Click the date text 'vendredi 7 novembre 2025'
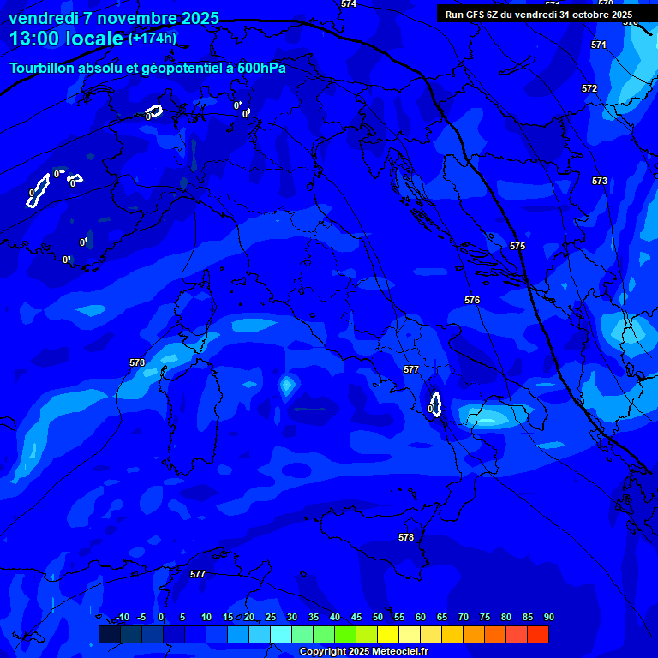[114, 18]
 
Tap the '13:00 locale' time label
[66, 39]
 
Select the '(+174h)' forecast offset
[153, 39]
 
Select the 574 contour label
[349, 4]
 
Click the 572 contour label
[589, 88]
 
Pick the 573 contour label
[600, 181]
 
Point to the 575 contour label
[517, 246]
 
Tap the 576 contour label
[472, 300]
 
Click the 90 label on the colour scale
[548, 617]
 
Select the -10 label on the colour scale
[122, 617]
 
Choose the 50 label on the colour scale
[377, 617]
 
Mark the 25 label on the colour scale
[270, 617]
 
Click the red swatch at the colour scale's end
[537, 634]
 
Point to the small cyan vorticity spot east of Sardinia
[286, 387]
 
